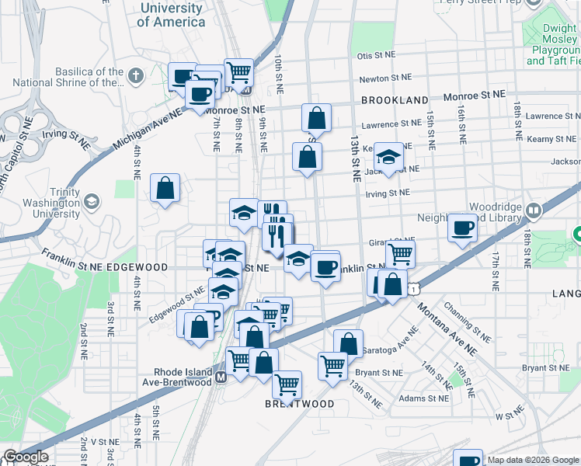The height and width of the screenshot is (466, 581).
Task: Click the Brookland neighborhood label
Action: pos(394,100)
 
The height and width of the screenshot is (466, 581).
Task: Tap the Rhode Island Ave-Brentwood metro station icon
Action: pos(221,377)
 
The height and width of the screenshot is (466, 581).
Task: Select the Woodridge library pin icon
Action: pos(533,210)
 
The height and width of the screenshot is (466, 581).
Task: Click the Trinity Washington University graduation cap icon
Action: pos(92,202)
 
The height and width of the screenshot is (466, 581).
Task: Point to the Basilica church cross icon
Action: pos(136,75)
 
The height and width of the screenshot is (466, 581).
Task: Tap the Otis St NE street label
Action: pos(376,57)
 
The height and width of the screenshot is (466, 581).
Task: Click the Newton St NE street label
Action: pos(384,78)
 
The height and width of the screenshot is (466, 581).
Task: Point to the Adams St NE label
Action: pos(423,398)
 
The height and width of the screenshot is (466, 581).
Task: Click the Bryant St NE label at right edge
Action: pos(548,367)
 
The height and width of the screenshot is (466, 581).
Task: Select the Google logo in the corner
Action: pos(26,457)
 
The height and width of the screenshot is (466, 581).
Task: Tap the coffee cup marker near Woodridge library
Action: pos(463,228)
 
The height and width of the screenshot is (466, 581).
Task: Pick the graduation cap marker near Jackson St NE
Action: pos(388,155)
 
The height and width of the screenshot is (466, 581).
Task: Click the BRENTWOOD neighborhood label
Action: pos(300,405)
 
